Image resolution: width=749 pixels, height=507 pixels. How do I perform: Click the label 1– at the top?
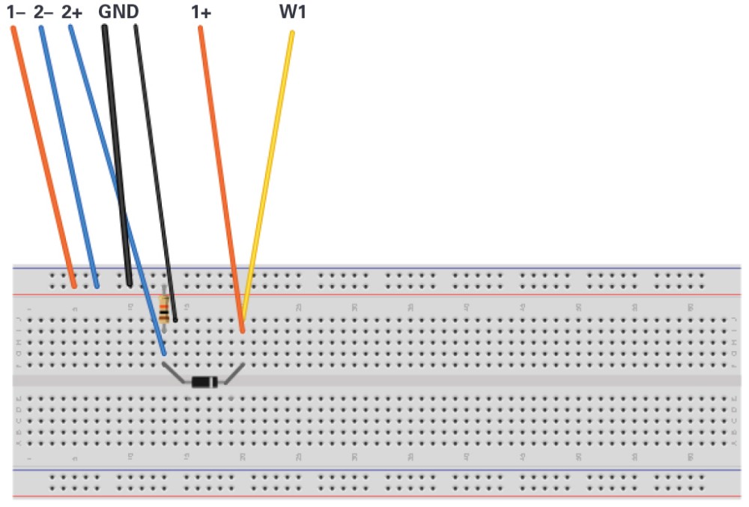pyautogui.click(x=16, y=12)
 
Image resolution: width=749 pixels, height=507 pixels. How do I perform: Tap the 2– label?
pyautogui.click(x=44, y=12)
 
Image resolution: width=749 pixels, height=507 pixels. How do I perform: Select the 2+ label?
pyautogui.click(x=72, y=12)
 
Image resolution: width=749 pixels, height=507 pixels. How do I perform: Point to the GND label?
pyautogui.click(x=118, y=12)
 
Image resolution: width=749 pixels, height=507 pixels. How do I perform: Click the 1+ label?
pyautogui.click(x=200, y=12)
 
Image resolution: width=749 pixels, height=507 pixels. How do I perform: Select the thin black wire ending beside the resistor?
pyautogui.click(x=155, y=172)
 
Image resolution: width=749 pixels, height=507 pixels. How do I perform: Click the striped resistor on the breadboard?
pyautogui.click(x=164, y=308)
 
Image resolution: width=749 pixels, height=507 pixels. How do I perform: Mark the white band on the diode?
pyautogui.click(x=214, y=382)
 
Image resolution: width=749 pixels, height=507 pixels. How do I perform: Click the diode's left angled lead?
pyautogui.click(x=175, y=373)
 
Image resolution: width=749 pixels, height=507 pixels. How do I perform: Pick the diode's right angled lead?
pyautogui.click(x=234, y=373)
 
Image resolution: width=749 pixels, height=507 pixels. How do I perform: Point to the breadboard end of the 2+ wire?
pyautogui.click(x=164, y=352)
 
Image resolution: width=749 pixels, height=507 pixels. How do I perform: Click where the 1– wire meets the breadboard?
pyautogui.click(x=73, y=285)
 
